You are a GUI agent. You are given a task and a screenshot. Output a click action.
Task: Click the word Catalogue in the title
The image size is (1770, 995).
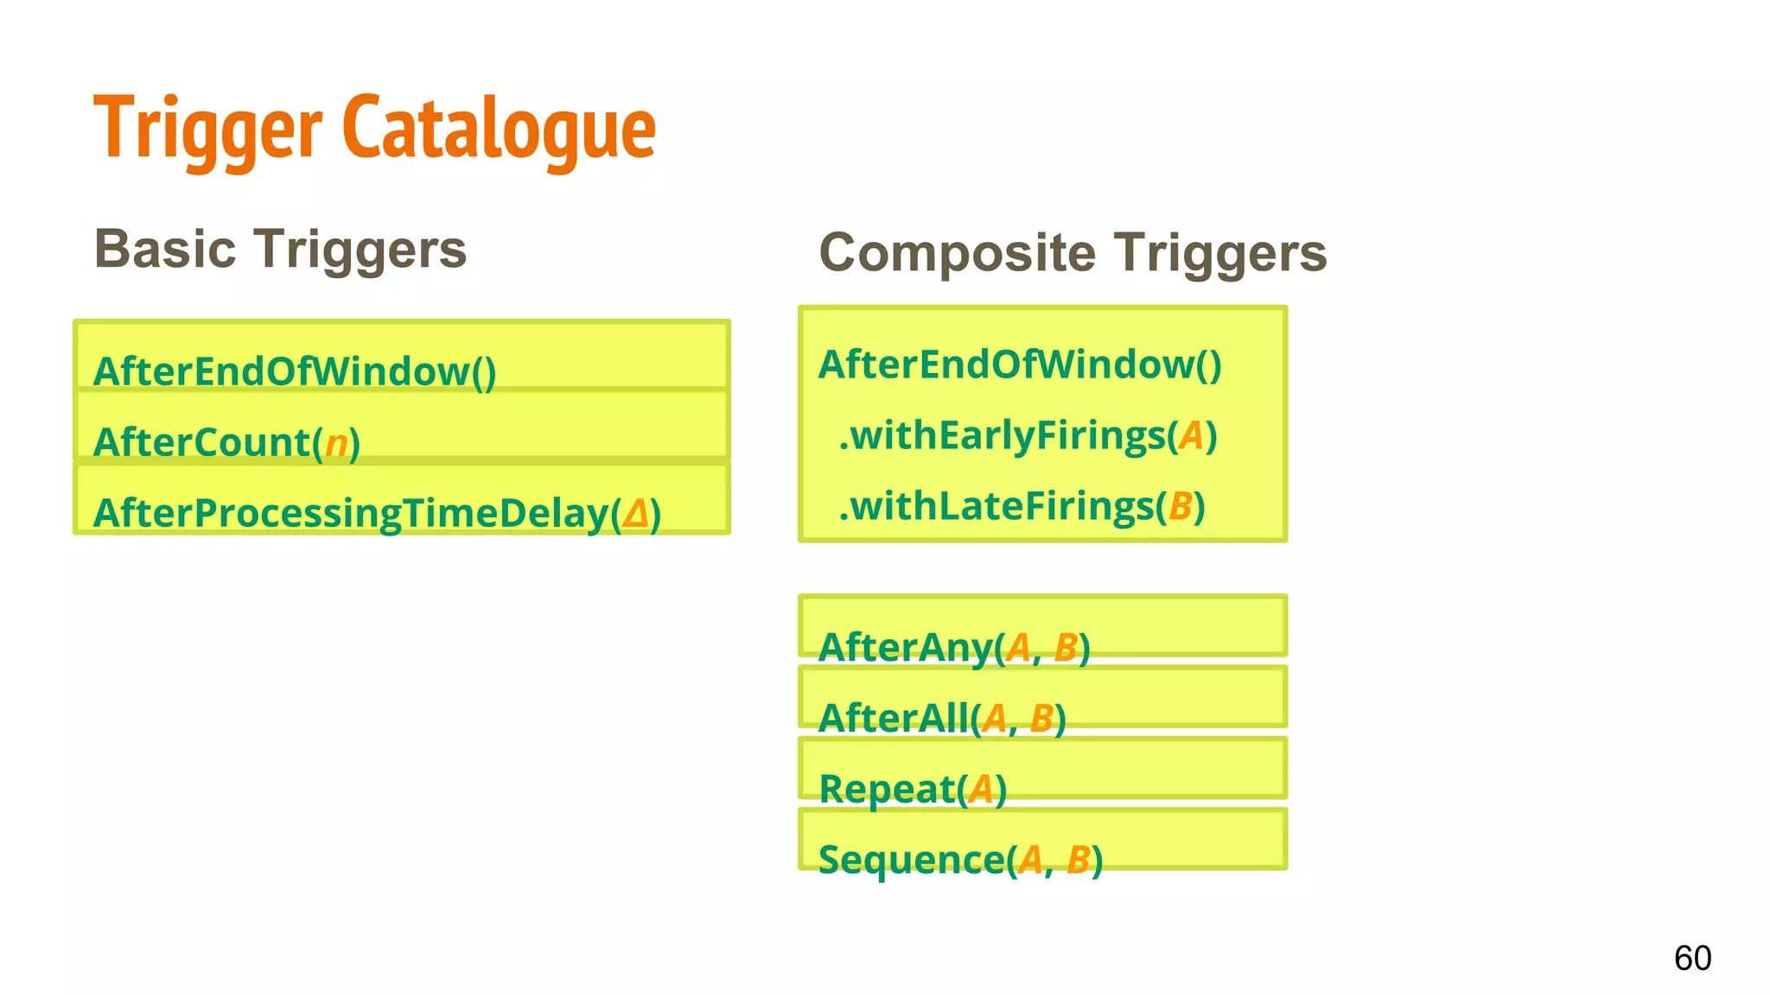click(x=499, y=130)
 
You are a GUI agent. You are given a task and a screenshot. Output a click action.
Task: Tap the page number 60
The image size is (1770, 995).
click(x=1692, y=958)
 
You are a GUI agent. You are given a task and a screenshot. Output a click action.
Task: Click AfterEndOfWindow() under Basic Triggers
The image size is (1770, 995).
click(x=294, y=371)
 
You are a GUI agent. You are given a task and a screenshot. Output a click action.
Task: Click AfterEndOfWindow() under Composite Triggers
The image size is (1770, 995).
click(x=1020, y=364)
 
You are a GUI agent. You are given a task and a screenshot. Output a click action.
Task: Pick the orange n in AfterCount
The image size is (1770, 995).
click(x=336, y=444)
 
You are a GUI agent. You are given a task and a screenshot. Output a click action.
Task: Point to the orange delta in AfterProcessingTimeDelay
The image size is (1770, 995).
click(x=635, y=514)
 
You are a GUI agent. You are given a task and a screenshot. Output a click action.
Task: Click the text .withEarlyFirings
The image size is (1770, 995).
click(x=1003, y=435)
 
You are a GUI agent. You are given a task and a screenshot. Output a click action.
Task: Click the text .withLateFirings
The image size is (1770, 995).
click(x=996, y=506)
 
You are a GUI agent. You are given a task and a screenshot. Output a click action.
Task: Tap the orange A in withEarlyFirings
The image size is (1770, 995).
click(x=1191, y=435)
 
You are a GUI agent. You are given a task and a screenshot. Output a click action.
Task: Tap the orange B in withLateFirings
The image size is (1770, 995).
click(x=1181, y=506)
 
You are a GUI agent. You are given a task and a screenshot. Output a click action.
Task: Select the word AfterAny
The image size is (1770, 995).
click(x=905, y=648)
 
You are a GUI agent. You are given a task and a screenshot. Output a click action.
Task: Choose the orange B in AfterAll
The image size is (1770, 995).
click(x=1042, y=719)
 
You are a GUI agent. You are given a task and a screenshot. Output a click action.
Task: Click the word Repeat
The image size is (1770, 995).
click(x=887, y=789)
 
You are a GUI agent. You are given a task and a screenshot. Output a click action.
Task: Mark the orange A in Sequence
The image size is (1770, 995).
click(x=1030, y=860)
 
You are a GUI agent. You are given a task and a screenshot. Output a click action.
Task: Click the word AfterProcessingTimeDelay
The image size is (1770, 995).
click(x=351, y=514)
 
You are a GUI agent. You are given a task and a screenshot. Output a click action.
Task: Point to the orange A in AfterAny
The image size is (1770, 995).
click(x=1019, y=648)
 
